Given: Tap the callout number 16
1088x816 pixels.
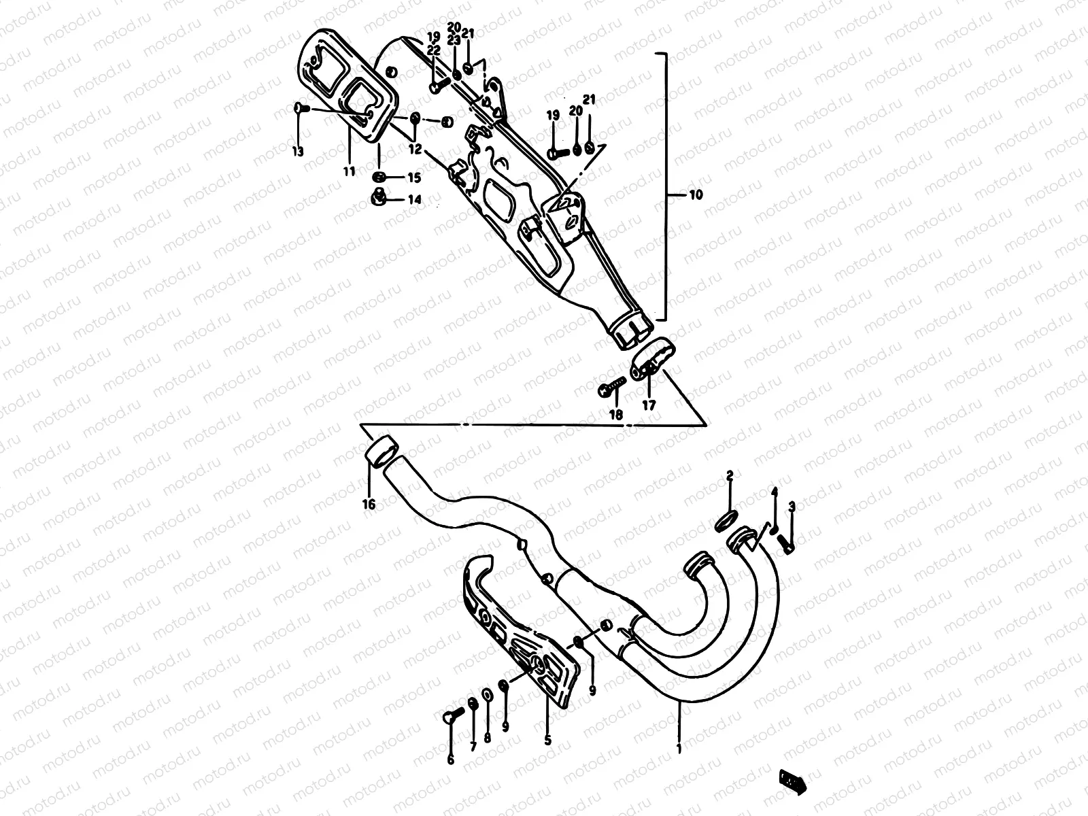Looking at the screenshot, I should point(369,505).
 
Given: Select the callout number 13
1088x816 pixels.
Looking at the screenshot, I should point(298,151).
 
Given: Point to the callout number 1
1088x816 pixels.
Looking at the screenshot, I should point(680,749).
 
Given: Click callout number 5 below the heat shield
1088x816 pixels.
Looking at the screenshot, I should point(547,738).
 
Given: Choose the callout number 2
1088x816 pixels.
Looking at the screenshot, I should point(729,475).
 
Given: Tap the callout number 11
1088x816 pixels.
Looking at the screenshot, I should point(349,172).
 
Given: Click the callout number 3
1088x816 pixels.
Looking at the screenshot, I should point(792,507).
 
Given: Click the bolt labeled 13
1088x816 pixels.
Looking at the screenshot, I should point(302,108).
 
